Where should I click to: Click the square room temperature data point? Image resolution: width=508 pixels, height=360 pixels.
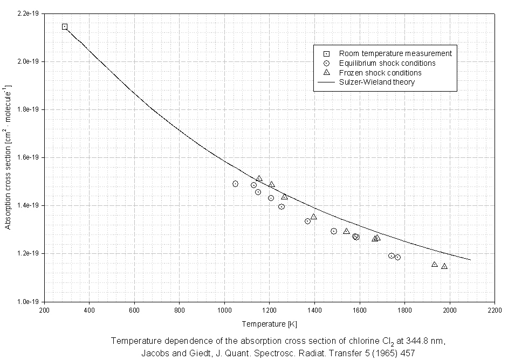[65, 26]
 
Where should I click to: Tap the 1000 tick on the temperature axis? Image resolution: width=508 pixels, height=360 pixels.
[224, 310]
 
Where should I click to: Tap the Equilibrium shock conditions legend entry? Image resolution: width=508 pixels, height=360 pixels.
[387, 63]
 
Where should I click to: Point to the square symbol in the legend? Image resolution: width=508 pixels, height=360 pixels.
[326, 53]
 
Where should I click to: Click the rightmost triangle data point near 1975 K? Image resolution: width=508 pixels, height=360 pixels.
[444, 266]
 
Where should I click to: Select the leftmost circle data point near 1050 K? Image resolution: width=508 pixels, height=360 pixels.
[235, 184]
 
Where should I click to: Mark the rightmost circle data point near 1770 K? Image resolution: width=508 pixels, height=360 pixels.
[397, 257]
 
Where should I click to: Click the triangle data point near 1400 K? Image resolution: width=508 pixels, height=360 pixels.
[313, 217]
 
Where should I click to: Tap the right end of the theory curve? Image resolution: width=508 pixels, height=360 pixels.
[470, 260]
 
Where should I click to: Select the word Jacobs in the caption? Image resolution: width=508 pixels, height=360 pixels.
[154, 353]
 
